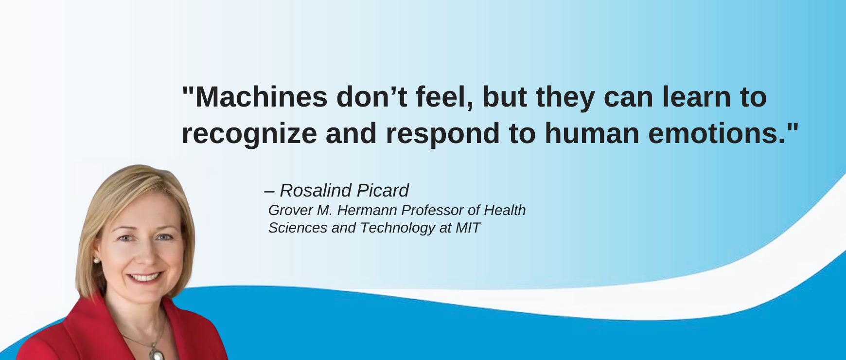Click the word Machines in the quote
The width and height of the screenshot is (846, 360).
pos(261,97)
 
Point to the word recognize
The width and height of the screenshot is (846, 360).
pos(249,134)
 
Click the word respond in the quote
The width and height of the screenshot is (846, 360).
pos(442,134)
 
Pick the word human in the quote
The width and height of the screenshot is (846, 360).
pos(592,134)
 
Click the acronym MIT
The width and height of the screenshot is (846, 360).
pos(468,228)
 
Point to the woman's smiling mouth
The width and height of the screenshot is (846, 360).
pos(144,277)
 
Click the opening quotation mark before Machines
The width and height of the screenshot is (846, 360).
pos(188,91)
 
